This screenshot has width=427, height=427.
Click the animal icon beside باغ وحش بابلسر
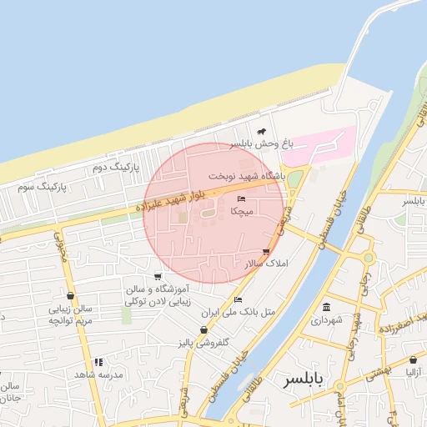(262, 132)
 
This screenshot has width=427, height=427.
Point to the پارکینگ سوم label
(41, 186)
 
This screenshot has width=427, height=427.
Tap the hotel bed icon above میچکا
(242, 199)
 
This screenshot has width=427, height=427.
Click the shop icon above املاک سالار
(266, 251)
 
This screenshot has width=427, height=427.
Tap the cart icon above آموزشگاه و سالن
(157, 277)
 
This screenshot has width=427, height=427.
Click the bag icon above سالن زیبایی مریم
(69, 296)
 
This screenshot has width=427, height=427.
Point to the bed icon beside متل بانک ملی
(239, 300)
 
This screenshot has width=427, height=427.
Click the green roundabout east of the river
(368, 259)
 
